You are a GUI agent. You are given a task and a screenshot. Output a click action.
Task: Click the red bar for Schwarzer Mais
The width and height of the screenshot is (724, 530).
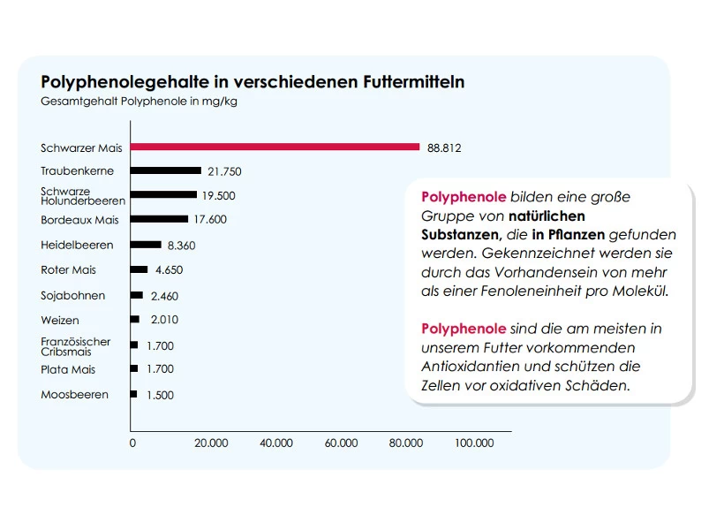(275, 147)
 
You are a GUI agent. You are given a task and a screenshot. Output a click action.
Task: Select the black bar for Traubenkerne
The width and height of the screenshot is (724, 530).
(167, 170)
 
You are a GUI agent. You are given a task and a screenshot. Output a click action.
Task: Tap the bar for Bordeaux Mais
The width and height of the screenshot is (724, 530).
(160, 219)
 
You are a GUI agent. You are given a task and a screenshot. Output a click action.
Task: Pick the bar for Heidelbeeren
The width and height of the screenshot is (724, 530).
(147, 244)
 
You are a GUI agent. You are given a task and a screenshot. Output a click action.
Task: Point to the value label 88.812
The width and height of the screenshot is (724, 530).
(444, 148)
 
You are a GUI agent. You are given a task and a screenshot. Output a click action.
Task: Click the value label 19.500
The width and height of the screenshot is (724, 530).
(218, 195)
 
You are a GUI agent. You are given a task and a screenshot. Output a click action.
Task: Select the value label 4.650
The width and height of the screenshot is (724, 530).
(169, 269)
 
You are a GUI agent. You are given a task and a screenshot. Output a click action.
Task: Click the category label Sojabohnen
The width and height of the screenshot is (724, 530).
(72, 295)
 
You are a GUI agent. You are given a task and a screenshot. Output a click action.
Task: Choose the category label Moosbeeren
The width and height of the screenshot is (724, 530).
(74, 394)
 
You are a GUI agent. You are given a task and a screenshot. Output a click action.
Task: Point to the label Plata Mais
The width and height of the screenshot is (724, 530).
(68, 369)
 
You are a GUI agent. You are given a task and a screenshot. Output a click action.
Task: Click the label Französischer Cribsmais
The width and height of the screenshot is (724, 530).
(75, 346)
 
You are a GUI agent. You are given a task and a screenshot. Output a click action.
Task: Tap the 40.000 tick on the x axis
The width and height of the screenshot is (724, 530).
(276, 443)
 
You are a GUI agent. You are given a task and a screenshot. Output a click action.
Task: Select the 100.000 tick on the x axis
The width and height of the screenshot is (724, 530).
(474, 443)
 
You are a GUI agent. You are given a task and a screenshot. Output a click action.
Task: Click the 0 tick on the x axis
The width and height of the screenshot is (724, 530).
(132, 443)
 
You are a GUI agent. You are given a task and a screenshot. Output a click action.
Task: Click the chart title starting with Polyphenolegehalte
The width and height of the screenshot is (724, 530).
(253, 82)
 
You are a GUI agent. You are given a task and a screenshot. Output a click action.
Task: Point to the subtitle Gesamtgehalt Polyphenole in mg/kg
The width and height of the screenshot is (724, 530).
(139, 101)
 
